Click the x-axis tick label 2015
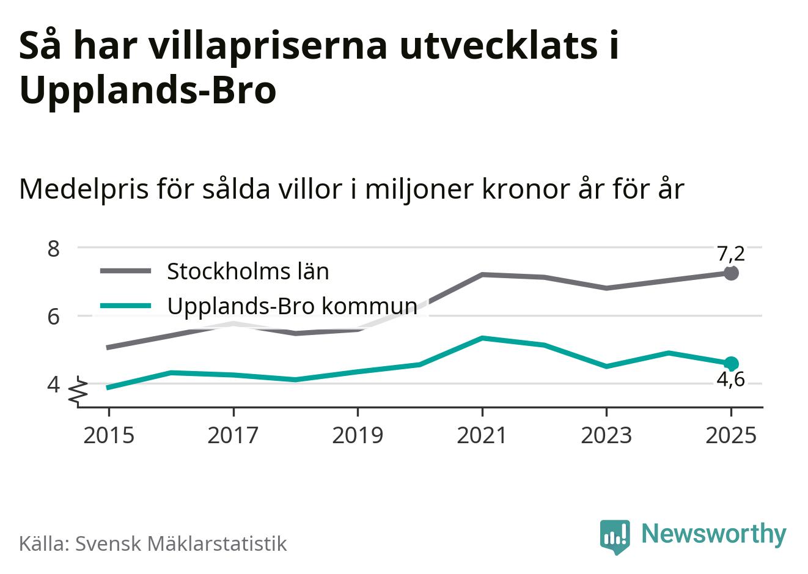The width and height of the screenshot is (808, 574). point(108,435)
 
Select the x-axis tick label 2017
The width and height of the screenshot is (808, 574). point(233,435)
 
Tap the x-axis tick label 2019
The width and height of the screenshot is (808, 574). point(358,435)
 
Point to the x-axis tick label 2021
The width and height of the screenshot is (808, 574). point(482,435)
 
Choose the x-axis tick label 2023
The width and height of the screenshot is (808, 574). point(606,435)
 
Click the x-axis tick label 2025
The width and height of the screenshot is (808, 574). point(731,435)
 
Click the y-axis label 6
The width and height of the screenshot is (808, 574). point(53,316)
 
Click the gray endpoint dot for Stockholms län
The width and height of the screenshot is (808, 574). point(731,273)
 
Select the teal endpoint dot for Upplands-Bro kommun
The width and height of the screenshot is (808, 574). point(731,363)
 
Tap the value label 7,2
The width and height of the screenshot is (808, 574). point(731,252)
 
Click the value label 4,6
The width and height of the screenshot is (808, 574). point(731,380)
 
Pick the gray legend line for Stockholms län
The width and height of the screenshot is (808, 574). point(125,271)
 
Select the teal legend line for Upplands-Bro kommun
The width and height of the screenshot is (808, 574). point(125,305)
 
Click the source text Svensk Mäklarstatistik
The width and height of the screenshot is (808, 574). point(181,543)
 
